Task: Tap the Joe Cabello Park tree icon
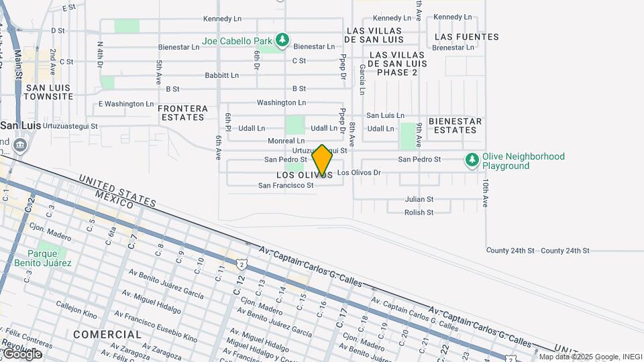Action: coord(282,40)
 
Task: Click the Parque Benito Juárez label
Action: coord(43,258)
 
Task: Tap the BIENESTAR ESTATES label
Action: coord(455,125)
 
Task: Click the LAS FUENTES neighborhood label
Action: coord(467,37)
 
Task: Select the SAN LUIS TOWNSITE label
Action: coord(48,92)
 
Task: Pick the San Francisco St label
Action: coord(286,186)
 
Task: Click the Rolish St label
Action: coord(419,213)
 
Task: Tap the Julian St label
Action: coord(419,199)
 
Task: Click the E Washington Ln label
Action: coord(126,104)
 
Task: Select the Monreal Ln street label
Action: coord(286,141)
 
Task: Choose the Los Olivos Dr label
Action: coord(359,173)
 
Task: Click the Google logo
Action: coord(21,353)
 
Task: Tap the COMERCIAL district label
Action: coord(107,334)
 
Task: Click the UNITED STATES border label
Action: coord(117,190)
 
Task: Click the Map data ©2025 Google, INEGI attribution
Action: coord(590,357)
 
